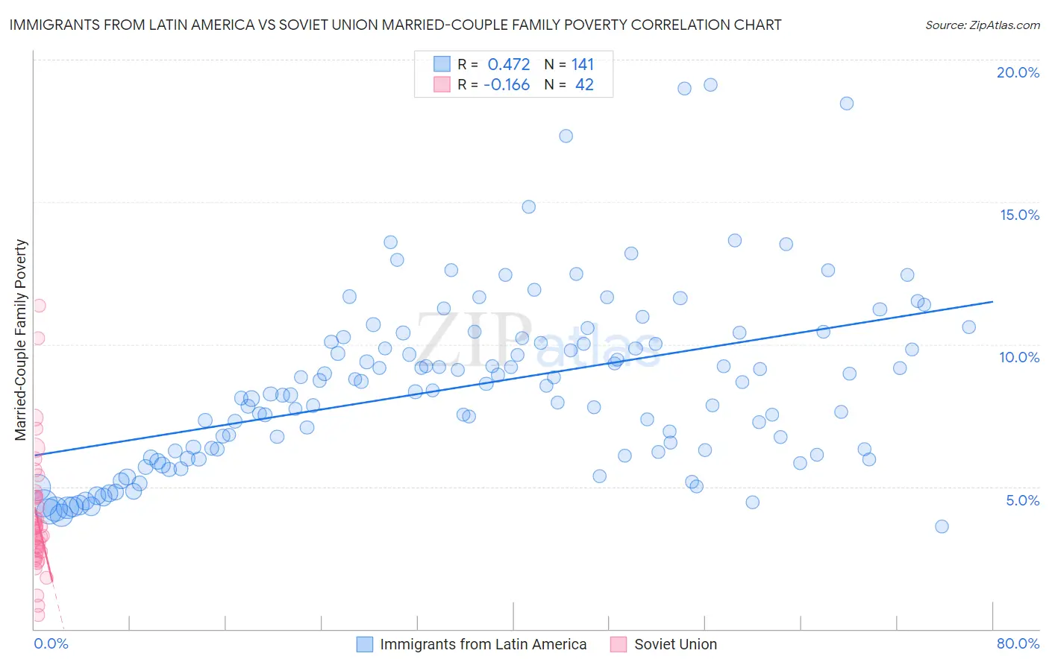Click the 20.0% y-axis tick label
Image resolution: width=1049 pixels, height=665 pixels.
(x=1018, y=72)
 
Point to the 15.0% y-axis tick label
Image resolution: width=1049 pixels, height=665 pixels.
(x=1019, y=215)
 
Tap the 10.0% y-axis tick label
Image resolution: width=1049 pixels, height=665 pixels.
(x=1019, y=357)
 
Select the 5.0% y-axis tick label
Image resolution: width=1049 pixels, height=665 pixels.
(x=1022, y=500)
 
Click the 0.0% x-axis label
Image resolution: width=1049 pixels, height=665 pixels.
(x=51, y=643)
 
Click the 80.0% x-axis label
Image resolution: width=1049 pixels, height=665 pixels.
(x=1018, y=643)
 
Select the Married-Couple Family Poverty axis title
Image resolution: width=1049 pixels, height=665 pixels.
(x=21, y=340)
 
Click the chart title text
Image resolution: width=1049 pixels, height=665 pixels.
(x=395, y=25)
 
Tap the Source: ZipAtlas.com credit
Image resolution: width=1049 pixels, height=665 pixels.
(x=982, y=25)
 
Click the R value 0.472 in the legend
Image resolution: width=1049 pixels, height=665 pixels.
(x=509, y=65)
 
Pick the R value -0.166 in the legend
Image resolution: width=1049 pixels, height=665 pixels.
(x=507, y=85)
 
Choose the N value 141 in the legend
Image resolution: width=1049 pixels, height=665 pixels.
(x=583, y=65)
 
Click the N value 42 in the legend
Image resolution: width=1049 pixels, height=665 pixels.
(x=584, y=85)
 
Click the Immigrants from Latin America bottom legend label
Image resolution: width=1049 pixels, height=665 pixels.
(x=483, y=644)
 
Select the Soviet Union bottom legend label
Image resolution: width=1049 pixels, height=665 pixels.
(x=675, y=644)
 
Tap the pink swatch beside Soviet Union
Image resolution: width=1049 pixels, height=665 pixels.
(x=618, y=644)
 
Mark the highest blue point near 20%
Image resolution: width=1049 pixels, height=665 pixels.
(x=710, y=85)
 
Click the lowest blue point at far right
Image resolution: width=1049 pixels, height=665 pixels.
(x=942, y=526)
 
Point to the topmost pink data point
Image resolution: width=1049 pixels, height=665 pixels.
(x=39, y=306)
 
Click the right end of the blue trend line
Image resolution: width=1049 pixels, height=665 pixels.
(x=992, y=301)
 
